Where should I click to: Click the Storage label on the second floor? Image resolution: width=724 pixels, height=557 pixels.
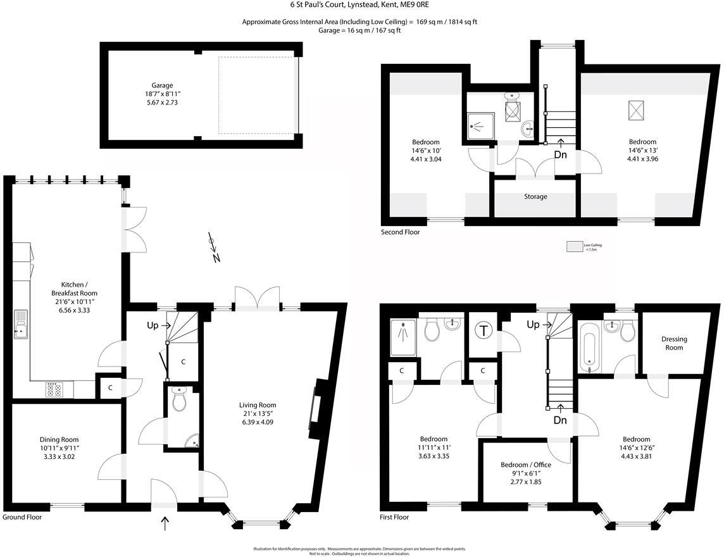[x=535, y=197]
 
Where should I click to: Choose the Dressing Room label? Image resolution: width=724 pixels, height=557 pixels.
[x=674, y=343]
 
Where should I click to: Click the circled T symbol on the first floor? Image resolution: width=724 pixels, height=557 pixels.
[x=484, y=330]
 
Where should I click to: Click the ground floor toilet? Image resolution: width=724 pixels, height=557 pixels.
[x=180, y=400]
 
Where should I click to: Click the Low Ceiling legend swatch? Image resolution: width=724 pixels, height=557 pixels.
[x=575, y=246]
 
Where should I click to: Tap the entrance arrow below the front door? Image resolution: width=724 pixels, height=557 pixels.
[x=166, y=523]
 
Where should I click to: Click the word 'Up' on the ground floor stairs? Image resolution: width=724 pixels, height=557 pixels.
[x=153, y=325]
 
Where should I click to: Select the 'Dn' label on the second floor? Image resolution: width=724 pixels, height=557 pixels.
[x=560, y=154]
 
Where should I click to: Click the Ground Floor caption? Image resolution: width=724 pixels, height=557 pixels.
[x=22, y=517]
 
